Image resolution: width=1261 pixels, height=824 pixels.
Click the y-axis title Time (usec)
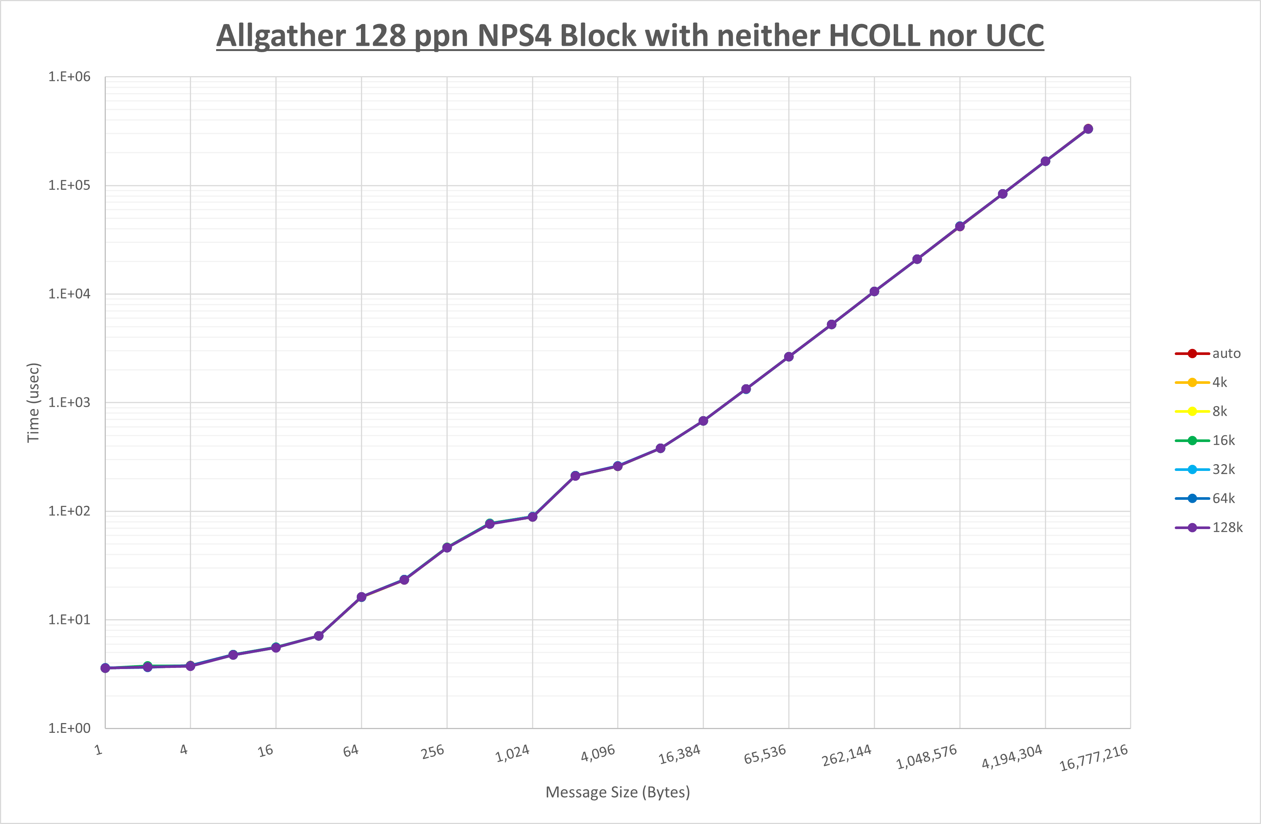pos(33,402)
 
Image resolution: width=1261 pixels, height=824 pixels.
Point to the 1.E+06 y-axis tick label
pos(69,77)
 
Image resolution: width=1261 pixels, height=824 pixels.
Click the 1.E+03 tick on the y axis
pos(69,402)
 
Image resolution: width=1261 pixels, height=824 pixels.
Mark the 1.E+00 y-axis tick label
pos(69,728)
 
